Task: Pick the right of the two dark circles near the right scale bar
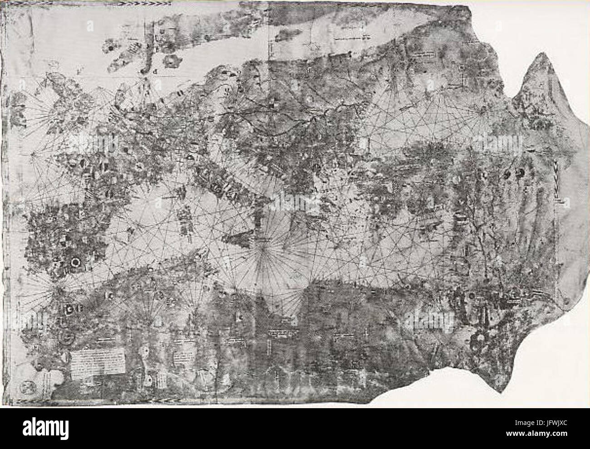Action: pos(519,172)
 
